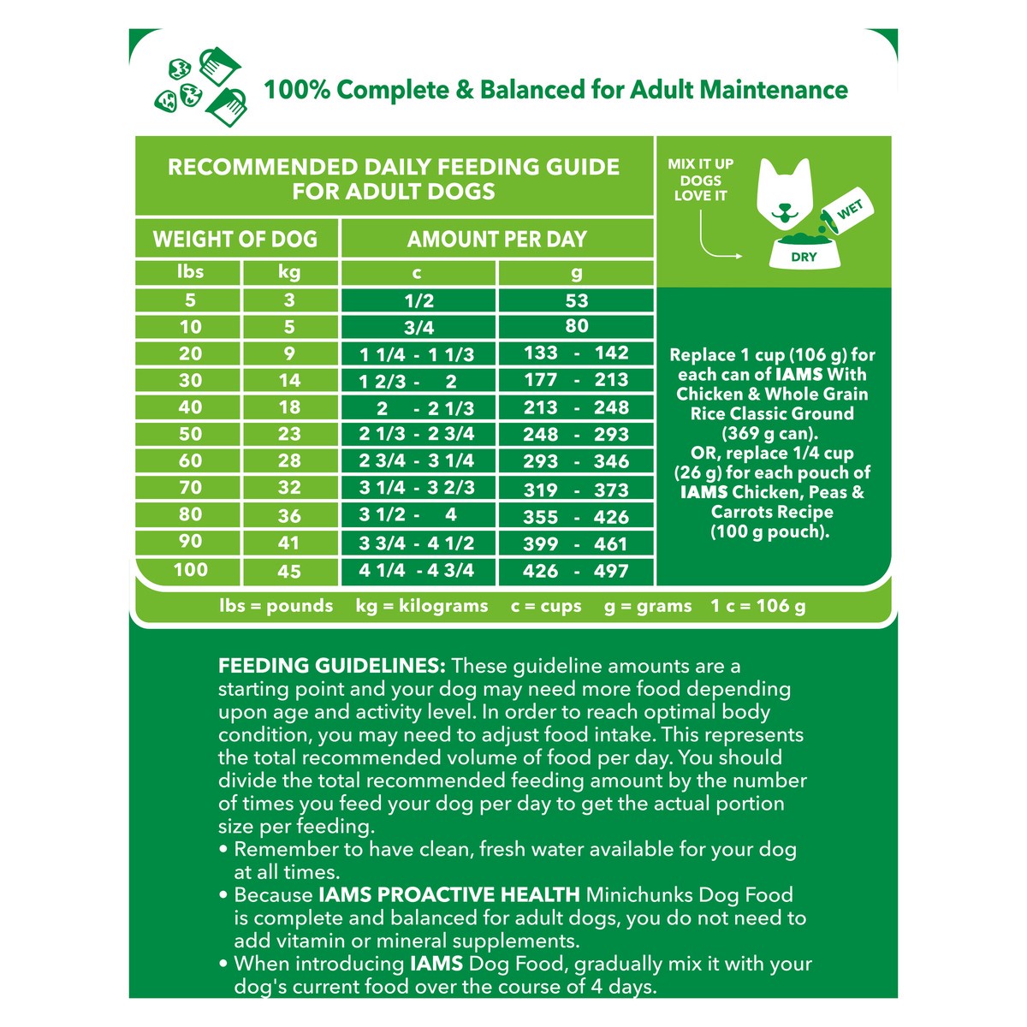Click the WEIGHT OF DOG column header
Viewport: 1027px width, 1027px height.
coord(235,239)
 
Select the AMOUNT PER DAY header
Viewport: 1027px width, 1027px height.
coord(497,239)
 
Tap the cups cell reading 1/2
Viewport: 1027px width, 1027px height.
coord(419,300)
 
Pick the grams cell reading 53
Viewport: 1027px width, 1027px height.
coord(576,300)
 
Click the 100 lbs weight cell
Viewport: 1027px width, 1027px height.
coord(190,570)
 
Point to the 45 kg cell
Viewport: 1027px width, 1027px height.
coord(289,571)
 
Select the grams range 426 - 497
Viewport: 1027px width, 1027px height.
coord(576,571)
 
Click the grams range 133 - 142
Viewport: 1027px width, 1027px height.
coord(576,353)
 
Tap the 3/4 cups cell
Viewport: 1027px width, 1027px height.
coord(419,327)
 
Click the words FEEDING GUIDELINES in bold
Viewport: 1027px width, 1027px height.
coord(332,666)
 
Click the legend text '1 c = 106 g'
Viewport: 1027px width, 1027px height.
coord(757,606)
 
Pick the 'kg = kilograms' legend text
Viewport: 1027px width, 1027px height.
coord(422,606)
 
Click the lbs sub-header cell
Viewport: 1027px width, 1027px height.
coord(190,272)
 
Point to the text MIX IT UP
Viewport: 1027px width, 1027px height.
coord(701,163)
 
